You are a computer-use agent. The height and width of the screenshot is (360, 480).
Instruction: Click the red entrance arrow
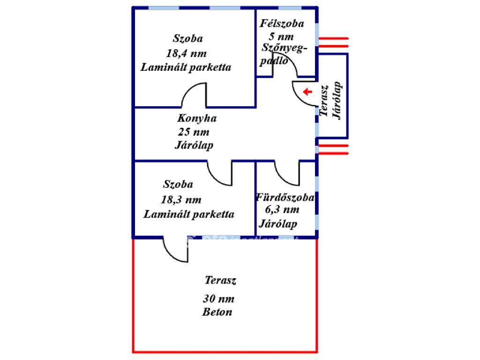(307, 92)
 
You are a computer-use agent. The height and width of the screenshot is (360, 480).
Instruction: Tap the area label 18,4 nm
(186, 53)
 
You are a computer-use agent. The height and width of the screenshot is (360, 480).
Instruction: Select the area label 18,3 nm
(181, 200)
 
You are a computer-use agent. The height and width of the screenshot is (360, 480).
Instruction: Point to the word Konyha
(197, 118)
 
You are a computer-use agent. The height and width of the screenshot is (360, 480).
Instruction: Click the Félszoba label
(282, 23)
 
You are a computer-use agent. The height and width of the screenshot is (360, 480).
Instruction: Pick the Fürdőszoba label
(285, 197)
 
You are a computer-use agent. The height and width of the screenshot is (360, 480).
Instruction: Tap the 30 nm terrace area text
(218, 299)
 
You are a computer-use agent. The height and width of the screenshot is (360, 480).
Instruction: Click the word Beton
(217, 312)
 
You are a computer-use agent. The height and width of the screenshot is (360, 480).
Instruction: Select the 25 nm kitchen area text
(194, 132)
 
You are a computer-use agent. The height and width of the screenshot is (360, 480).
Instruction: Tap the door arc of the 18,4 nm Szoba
(194, 95)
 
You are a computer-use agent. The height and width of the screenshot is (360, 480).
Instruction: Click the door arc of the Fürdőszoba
(286, 173)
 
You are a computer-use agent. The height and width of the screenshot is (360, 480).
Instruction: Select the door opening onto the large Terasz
(175, 250)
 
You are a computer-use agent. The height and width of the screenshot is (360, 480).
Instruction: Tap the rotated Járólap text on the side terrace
(337, 101)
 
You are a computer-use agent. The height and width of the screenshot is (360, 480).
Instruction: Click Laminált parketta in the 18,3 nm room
(188, 214)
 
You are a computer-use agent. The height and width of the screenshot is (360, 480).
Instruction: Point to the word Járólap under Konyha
(194, 145)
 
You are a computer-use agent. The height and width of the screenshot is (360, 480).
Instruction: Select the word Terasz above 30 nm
(220, 281)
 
